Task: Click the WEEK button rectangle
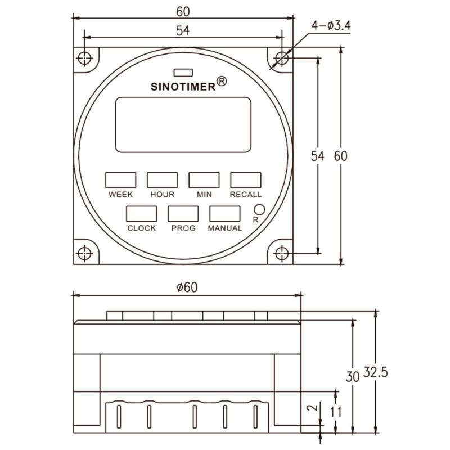pyautogui.click(x=120, y=180)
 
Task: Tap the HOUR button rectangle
pyautogui.click(x=162, y=180)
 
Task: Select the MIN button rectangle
pyautogui.click(x=204, y=180)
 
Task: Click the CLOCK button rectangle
pyautogui.click(x=141, y=214)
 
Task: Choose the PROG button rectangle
pyautogui.click(x=183, y=214)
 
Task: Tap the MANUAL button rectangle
pyautogui.click(x=225, y=214)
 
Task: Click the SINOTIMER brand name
pyautogui.click(x=183, y=86)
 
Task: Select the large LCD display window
pyautogui.click(x=183, y=124)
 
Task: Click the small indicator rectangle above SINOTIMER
pyautogui.click(x=183, y=72)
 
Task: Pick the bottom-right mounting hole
pyautogui.click(x=281, y=253)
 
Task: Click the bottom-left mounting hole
pyautogui.click(x=84, y=253)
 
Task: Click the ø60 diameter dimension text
pyautogui.click(x=187, y=287)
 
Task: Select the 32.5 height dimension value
pyautogui.click(x=377, y=372)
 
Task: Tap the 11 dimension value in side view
pyautogui.click(x=336, y=412)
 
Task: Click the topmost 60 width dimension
pyautogui.click(x=183, y=11)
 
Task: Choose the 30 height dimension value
pyautogui.click(x=352, y=376)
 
